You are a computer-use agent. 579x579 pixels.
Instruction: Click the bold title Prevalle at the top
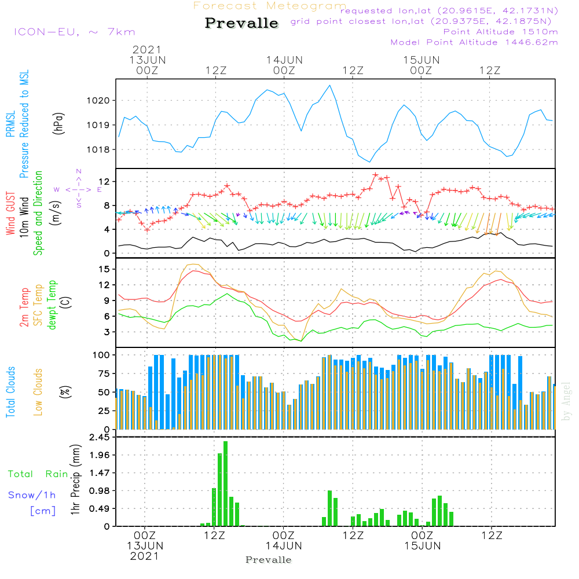[x=241, y=24]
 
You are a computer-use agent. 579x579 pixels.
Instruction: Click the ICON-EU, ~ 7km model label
[x=74, y=32]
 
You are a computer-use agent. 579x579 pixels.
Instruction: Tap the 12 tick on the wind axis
[x=105, y=182]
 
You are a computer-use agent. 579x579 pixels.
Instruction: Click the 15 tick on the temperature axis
[x=105, y=269]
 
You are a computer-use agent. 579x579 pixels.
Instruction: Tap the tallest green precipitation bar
[x=225, y=483]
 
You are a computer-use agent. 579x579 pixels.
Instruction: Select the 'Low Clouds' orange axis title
[x=39, y=391]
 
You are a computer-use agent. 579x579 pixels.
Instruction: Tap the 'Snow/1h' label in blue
[x=32, y=495]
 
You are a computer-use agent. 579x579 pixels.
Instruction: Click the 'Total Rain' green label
[x=38, y=474]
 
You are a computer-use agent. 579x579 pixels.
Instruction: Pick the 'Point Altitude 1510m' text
[x=500, y=32]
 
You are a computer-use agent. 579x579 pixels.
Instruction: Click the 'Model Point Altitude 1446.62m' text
[x=474, y=42]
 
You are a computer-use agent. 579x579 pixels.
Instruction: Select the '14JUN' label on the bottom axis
[x=284, y=545]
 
